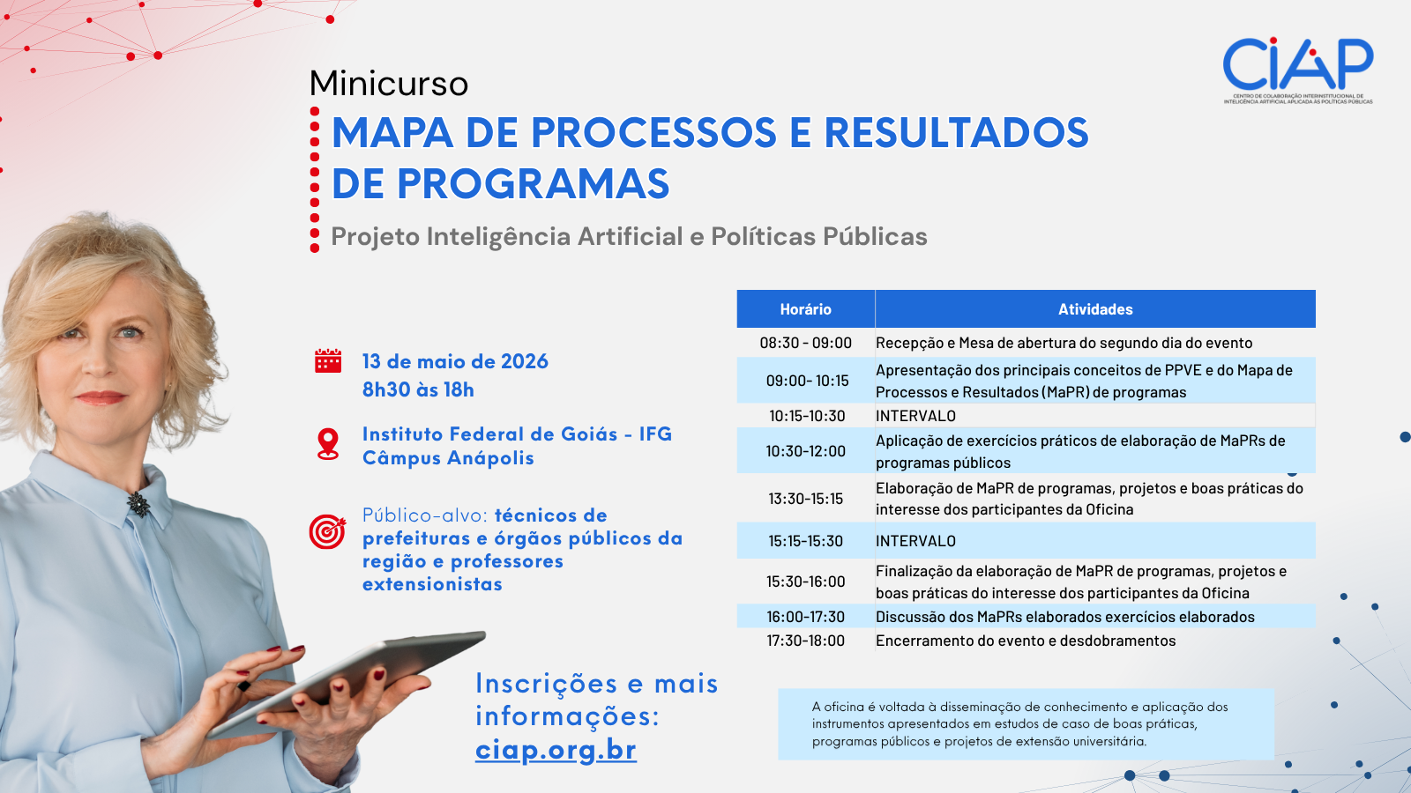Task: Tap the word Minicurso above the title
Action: click(x=389, y=84)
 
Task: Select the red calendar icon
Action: click(x=328, y=361)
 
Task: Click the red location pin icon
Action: click(x=328, y=443)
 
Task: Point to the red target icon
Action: click(x=327, y=531)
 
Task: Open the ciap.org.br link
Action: click(x=556, y=750)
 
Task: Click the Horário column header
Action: click(x=805, y=309)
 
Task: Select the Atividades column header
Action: click(x=1095, y=309)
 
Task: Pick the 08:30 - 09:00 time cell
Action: click(x=805, y=343)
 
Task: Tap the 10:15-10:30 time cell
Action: click(x=806, y=416)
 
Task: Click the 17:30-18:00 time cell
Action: click(x=805, y=641)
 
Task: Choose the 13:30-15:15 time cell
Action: click(x=805, y=499)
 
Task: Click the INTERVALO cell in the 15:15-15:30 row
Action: click(x=915, y=541)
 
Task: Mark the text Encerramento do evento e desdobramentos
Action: click(x=1025, y=641)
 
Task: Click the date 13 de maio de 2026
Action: click(x=455, y=361)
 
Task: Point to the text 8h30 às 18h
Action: click(x=418, y=389)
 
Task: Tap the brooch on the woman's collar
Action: click(x=138, y=503)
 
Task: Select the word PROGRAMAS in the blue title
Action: click(x=533, y=184)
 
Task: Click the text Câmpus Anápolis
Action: click(x=448, y=458)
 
